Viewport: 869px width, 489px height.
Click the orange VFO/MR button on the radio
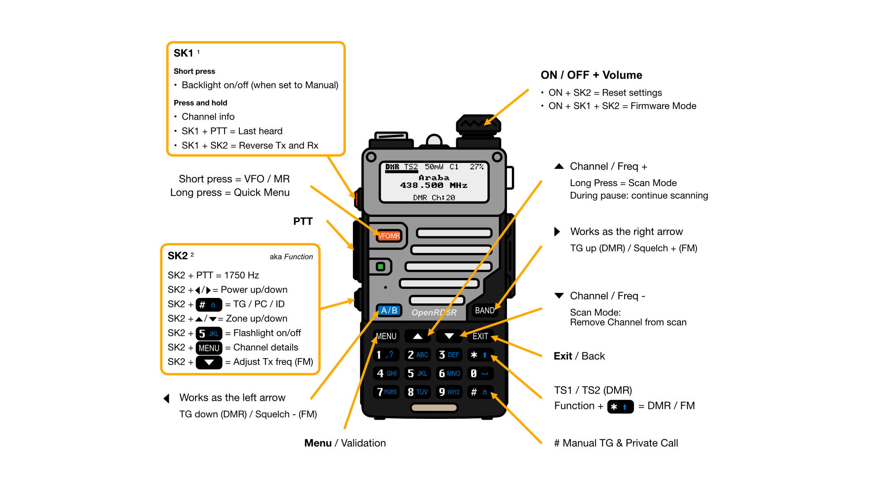(389, 236)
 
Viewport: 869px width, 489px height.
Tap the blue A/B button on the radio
(389, 311)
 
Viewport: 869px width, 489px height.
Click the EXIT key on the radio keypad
(480, 336)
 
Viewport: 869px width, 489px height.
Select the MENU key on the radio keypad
(386, 336)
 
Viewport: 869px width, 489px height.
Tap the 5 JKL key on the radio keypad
(417, 374)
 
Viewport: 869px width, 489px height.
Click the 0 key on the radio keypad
(479, 374)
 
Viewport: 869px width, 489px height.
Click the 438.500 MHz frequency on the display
(433, 185)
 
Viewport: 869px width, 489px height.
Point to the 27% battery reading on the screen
(477, 167)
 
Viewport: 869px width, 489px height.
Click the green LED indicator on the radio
(381, 267)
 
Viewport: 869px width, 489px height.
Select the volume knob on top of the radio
(478, 125)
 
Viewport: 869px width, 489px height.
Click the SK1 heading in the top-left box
(183, 53)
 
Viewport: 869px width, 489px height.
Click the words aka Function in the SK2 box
(291, 257)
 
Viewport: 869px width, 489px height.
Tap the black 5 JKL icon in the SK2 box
(209, 334)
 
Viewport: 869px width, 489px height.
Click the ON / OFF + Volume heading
(591, 75)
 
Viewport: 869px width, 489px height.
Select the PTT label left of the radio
(303, 221)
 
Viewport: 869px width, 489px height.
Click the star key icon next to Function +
(620, 407)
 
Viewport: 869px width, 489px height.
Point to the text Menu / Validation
(345, 443)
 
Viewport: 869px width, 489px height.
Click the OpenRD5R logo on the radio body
(434, 312)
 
